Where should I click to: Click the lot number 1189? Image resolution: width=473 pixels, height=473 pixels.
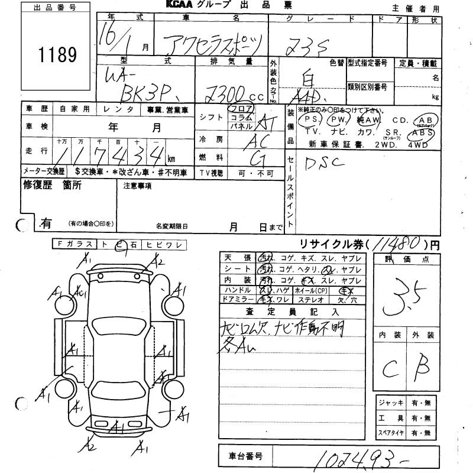[x=58, y=56]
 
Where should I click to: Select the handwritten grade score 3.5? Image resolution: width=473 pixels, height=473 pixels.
[x=404, y=298]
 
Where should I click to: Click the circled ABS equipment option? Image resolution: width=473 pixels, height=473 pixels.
[x=426, y=133]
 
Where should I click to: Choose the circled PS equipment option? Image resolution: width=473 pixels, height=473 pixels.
[x=310, y=120]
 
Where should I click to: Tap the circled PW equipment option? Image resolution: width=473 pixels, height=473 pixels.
[x=339, y=120]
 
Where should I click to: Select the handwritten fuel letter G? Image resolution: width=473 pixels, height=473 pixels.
[x=258, y=158]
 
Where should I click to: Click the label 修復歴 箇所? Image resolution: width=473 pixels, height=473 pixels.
[x=52, y=185]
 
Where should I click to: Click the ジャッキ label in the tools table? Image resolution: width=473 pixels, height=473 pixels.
[x=393, y=403]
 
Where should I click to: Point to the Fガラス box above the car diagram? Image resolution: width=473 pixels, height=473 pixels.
[x=74, y=244]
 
